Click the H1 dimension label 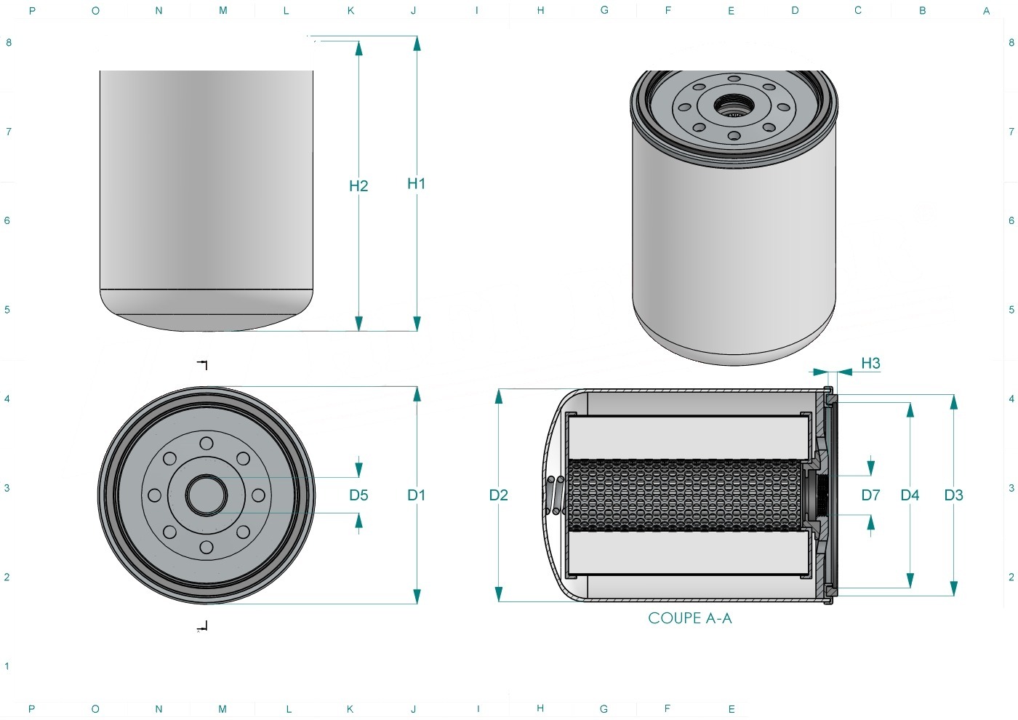click(x=416, y=183)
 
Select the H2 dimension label click(x=358, y=186)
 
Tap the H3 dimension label click(x=870, y=363)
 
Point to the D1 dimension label click(x=416, y=495)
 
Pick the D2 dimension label click(x=499, y=495)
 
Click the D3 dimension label click(x=953, y=495)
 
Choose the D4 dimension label click(x=910, y=495)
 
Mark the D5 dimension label click(x=358, y=495)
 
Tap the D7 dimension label click(x=870, y=495)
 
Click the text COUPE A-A click(x=690, y=618)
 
